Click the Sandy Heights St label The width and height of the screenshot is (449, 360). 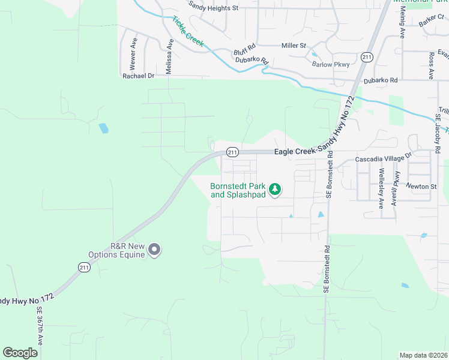point(214,8)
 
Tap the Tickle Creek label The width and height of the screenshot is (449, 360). point(188,32)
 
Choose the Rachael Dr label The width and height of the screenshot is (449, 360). point(138,76)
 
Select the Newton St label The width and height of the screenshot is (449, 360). point(421,187)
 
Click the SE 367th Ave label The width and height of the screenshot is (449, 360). point(40,326)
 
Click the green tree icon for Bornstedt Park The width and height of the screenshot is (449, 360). point(275,190)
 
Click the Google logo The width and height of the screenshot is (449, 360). point(20,353)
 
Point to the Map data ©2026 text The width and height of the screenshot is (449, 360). point(423,355)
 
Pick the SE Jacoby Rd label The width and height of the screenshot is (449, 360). point(438,129)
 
